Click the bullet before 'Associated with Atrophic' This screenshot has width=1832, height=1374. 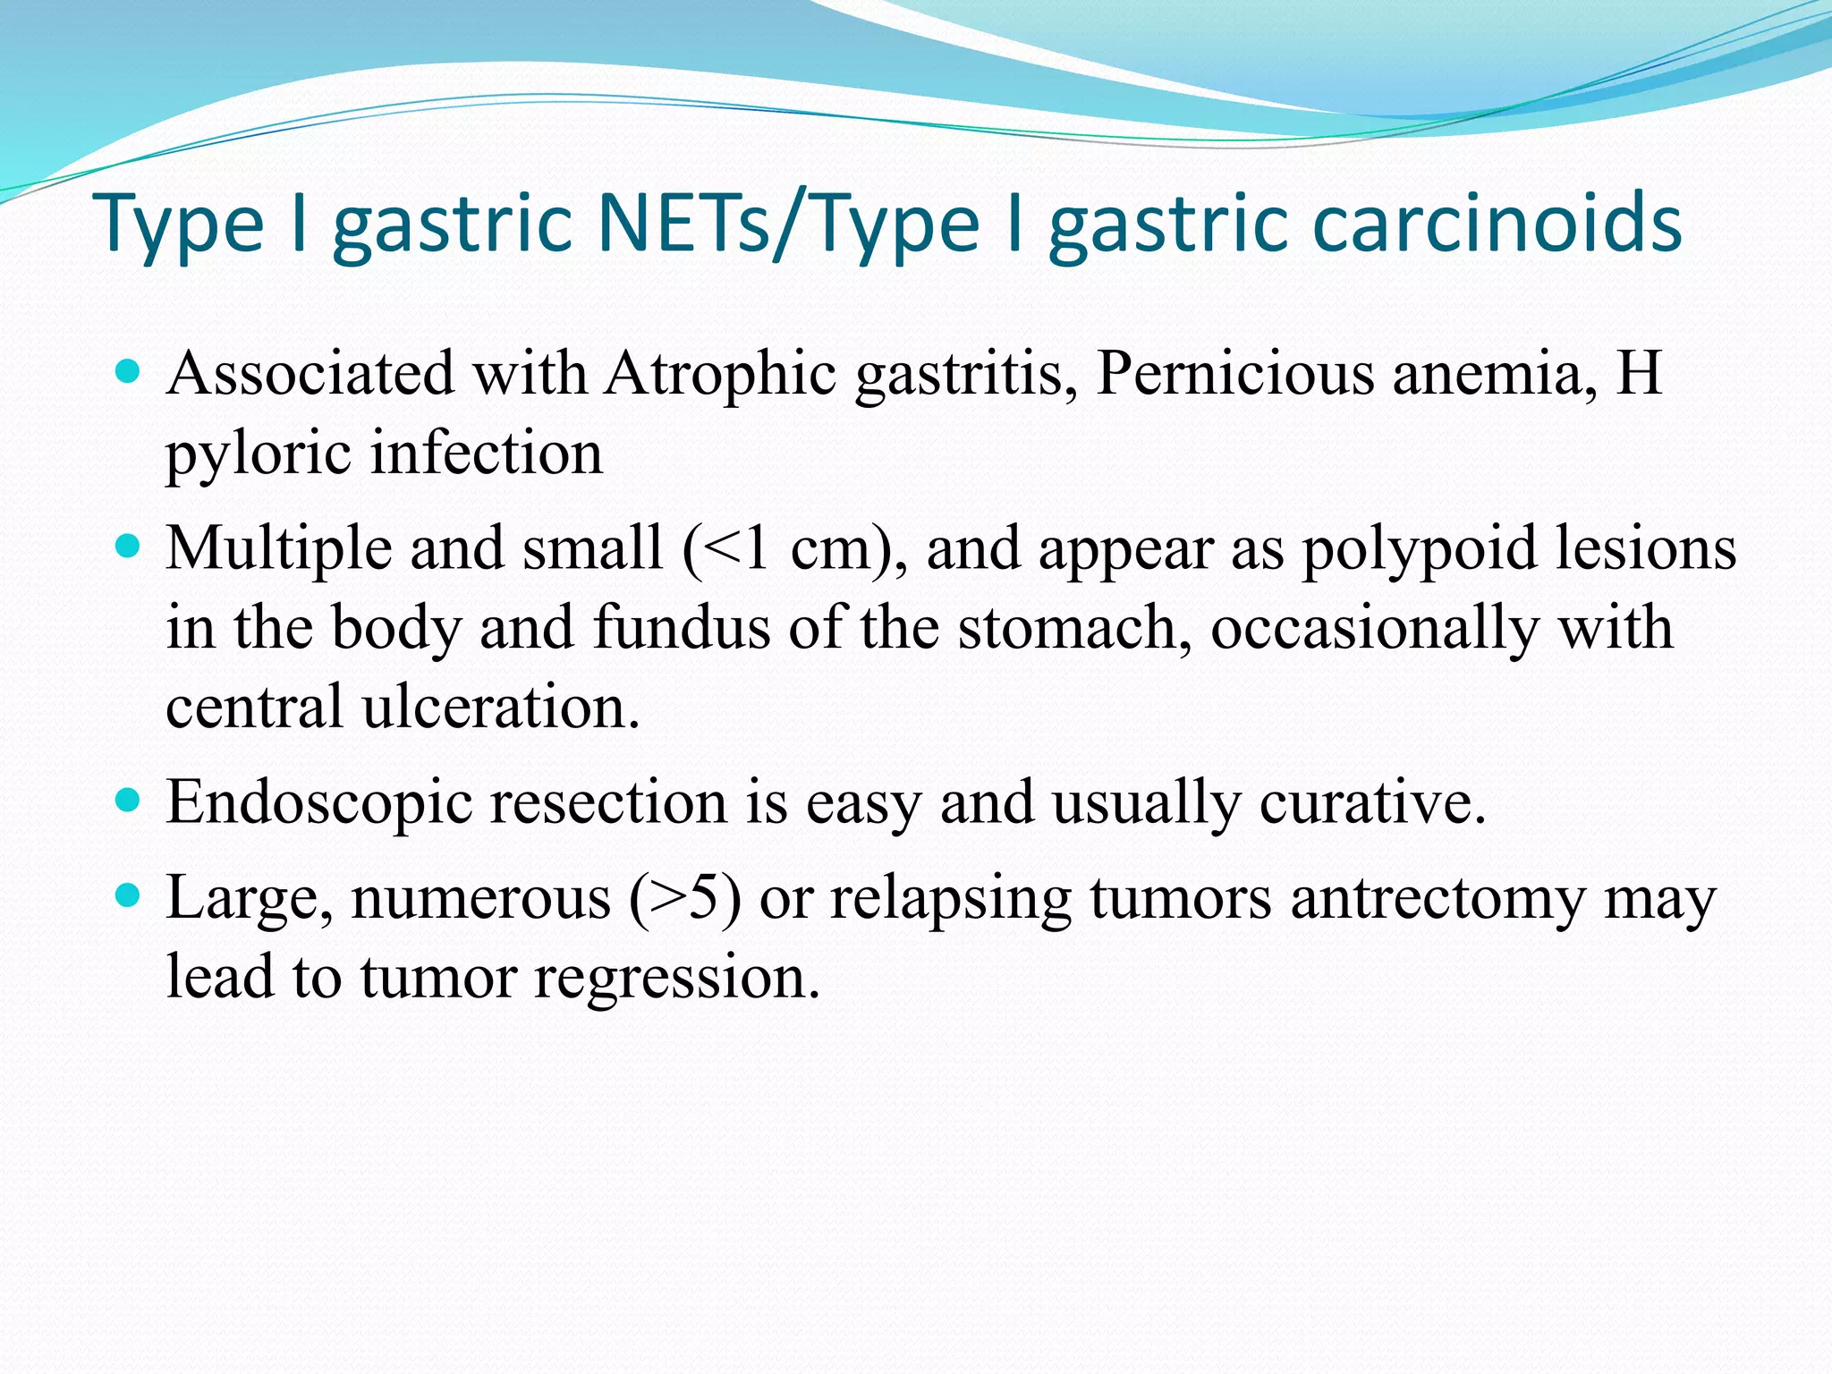tap(129, 370)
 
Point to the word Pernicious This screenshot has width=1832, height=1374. tap(1234, 373)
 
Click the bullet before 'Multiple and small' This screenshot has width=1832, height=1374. tap(129, 546)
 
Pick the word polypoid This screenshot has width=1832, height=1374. tap(1419, 548)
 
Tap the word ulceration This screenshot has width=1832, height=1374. tap(501, 707)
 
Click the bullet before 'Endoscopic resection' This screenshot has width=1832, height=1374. tap(129, 799)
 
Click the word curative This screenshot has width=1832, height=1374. tap(1372, 802)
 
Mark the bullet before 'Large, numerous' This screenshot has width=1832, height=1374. tap(129, 895)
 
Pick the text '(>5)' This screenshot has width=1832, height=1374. tap(684, 898)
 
